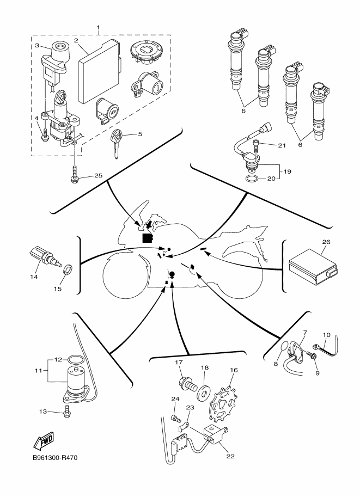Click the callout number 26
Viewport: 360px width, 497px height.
(326, 241)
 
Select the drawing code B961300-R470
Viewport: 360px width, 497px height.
(55, 458)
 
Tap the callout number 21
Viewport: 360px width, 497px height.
(282, 145)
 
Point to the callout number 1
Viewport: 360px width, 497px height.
(98, 27)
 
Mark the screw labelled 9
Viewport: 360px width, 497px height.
(314, 356)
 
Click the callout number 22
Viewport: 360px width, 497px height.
(230, 456)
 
